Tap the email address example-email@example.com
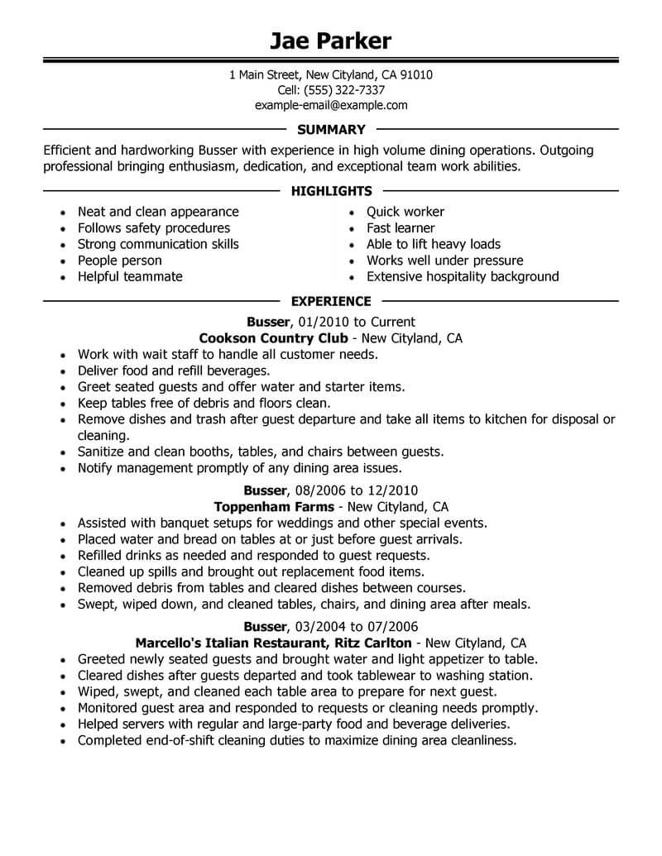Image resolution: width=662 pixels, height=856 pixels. tap(330, 105)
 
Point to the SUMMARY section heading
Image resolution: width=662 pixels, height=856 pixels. tap(330, 129)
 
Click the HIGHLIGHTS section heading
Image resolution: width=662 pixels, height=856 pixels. tap(331, 191)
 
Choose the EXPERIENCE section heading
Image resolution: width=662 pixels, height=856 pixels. tap(331, 301)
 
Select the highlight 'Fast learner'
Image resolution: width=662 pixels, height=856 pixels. tap(401, 227)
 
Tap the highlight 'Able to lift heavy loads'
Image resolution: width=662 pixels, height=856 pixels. tap(434, 244)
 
